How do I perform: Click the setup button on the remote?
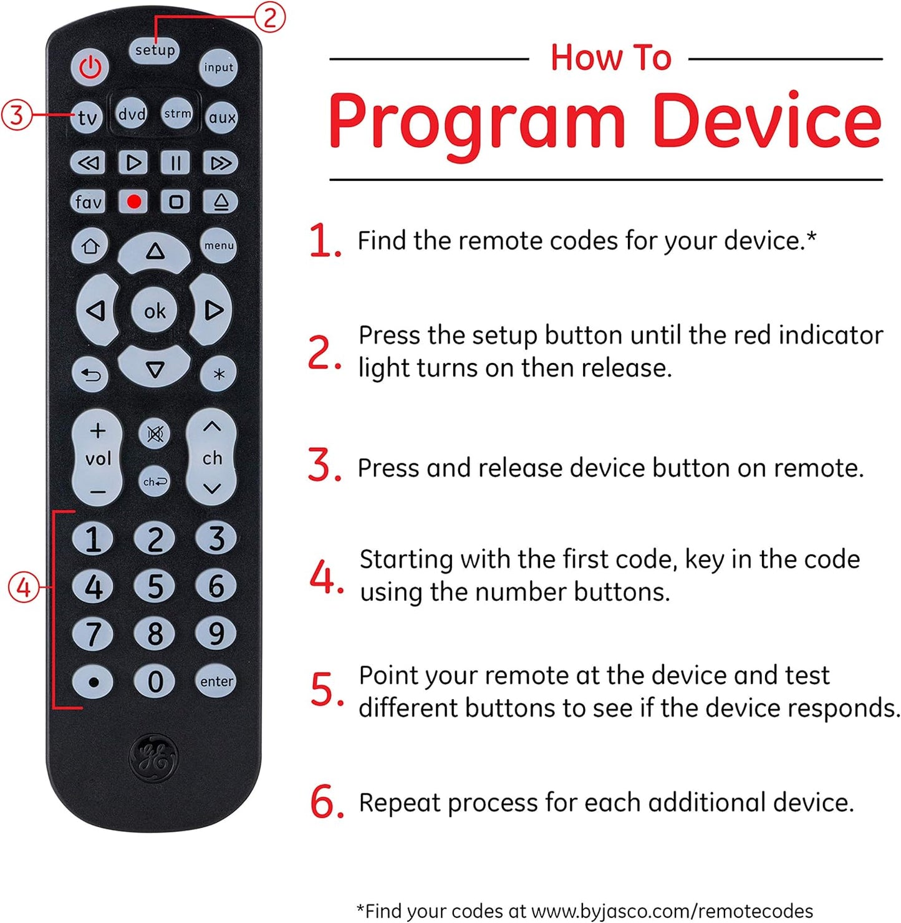click(x=155, y=50)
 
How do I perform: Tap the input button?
click(x=218, y=67)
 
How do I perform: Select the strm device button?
click(x=177, y=114)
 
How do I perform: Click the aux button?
click(x=222, y=117)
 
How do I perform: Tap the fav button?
click(x=88, y=201)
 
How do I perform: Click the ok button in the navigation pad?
click(x=155, y=311)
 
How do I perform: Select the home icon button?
click(x=90, y=246)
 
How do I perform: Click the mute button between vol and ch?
click(x=155, y=434)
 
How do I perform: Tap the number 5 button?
click(x=155, y=587)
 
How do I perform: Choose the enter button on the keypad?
click(x=216, y=682)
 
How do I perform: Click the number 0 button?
click(x=155, y=682)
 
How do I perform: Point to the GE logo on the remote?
click(x=153, y=757)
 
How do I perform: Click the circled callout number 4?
click(x=23, y=587)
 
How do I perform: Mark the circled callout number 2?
click(x=269, y=17)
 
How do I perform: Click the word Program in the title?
click(x=476, y=122)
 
